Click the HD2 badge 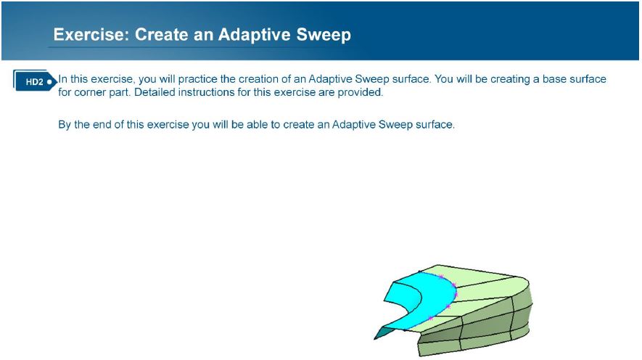coord(34,81)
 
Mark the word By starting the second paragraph coord(65,125)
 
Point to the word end coord(102,125)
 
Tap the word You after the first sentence coord(443,78)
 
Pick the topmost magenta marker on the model coord(441,277)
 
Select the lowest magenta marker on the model coord(430,318)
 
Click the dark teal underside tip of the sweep coord(382,333)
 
